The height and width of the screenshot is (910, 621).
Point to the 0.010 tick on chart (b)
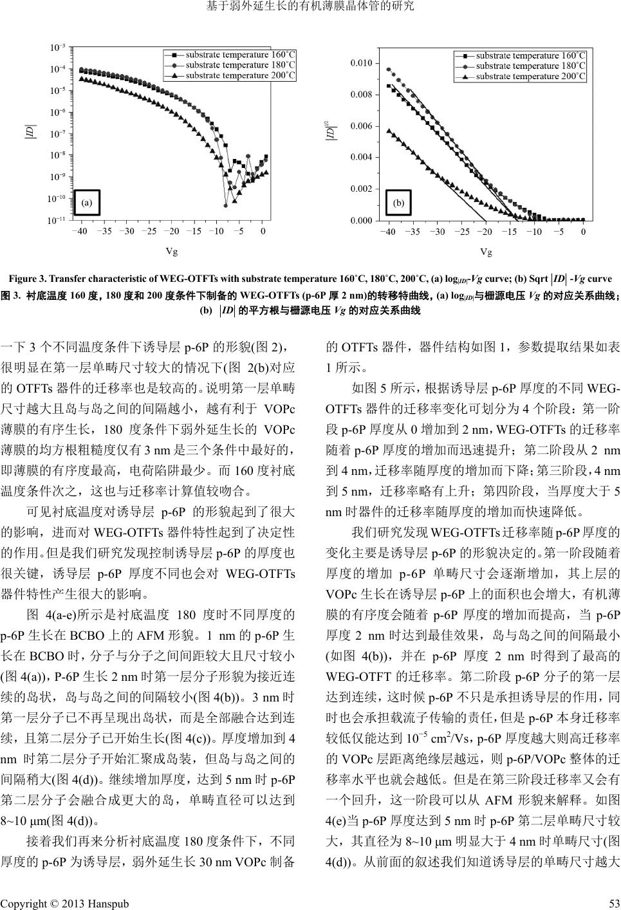click(361, 63)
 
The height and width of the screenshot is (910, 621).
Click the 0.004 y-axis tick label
click(361, 158)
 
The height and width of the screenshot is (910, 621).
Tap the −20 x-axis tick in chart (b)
click(485, 232)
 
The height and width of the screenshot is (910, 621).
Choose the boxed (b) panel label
click(398, 203)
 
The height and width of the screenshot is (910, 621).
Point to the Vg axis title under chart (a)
click(171, 252)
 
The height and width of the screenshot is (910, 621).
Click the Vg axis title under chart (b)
click(486, 252)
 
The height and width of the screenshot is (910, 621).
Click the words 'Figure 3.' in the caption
click(25, 279)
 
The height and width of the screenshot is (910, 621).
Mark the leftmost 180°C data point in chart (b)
click(387, 70)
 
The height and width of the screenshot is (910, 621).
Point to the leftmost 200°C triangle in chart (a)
click(80, 79)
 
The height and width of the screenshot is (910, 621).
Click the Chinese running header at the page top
click(310, 7)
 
